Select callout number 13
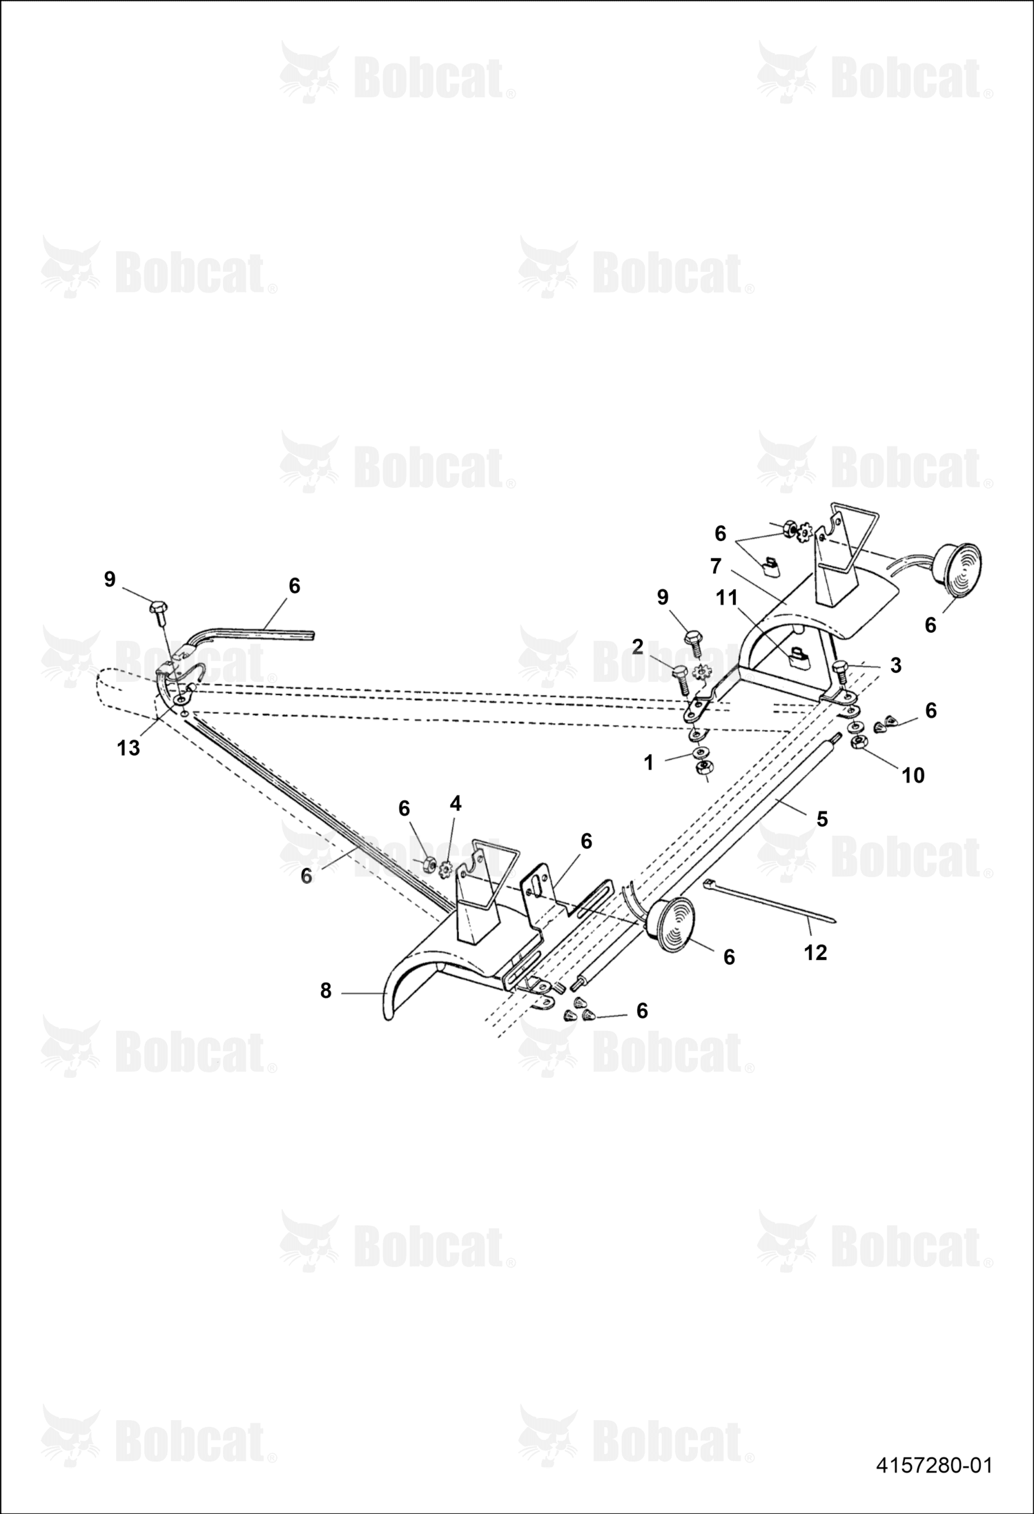click(x=128, y=747)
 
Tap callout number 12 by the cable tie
click(x=815, y=952)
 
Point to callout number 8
click(x=326, y=991)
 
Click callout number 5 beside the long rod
click(x=821, y=819)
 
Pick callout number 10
click(x=913, y=776)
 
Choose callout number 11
click(x=727, y=598)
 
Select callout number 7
click(x=715, y=567)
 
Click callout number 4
click(x=456, y=803)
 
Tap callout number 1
click(x=648, y=763)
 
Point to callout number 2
click(x=637, y=647)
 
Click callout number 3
click(x=895, y=665)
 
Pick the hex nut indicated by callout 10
click(x=860, y=743)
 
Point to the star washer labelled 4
click(x=445, y=869)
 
